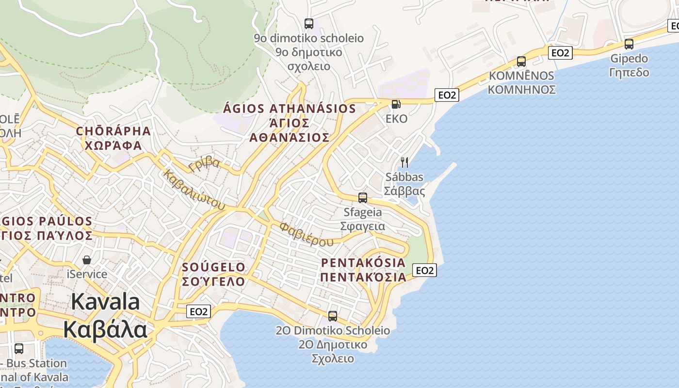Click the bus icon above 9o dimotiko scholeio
[x=308, y=23]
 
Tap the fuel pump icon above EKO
[x=396, y=104]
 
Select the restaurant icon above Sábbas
[x=404, y=162]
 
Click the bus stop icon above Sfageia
[x=362, y=197]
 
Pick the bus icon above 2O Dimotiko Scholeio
[x=332, y=316]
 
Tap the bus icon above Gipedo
[x=629, y=44]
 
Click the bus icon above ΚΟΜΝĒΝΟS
[x=521, y=61]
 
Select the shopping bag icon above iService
[x=87, y=260]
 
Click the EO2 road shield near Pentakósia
[x=424, y=270]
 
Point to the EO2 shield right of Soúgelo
[x=198, y=311]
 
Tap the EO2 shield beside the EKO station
[x=447, y=95]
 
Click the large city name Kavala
[x=105, y=302]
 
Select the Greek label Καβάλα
[x=105, y=330]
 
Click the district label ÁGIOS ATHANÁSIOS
[x=290, y=108]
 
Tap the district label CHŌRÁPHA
[x=113, y=131]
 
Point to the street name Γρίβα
[x=205, y=164]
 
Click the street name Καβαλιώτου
[x=194, y=190]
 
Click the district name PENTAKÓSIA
[x=363, y=262]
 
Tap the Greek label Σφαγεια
[x=362, y=226]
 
